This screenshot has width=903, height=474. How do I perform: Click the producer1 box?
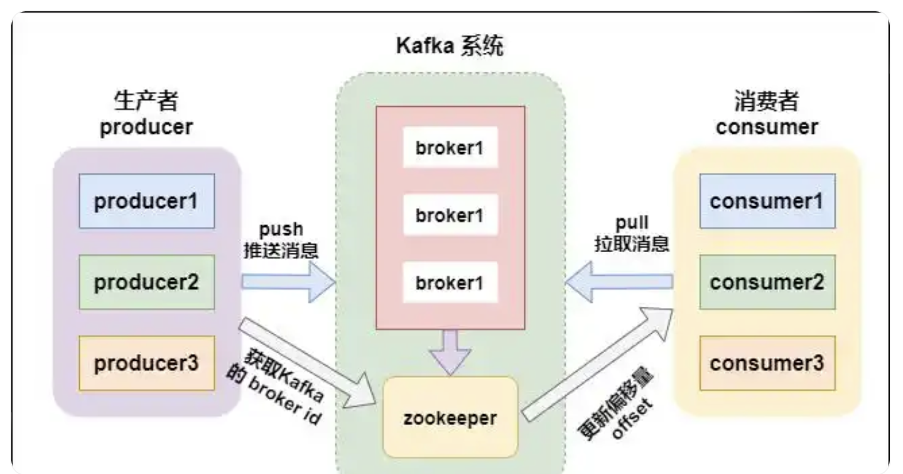pos(146,201)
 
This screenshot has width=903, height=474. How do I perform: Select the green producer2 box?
pos(146,282)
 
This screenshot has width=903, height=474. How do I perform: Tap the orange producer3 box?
pos(146,363)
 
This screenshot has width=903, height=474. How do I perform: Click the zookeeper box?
pos(450,417)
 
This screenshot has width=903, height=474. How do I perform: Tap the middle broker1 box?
pos(450,215)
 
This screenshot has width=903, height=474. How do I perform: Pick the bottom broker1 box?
pos(450,282)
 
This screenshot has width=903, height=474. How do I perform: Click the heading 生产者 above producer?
pos(146,101)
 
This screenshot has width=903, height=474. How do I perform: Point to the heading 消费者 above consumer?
pos(767,101)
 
